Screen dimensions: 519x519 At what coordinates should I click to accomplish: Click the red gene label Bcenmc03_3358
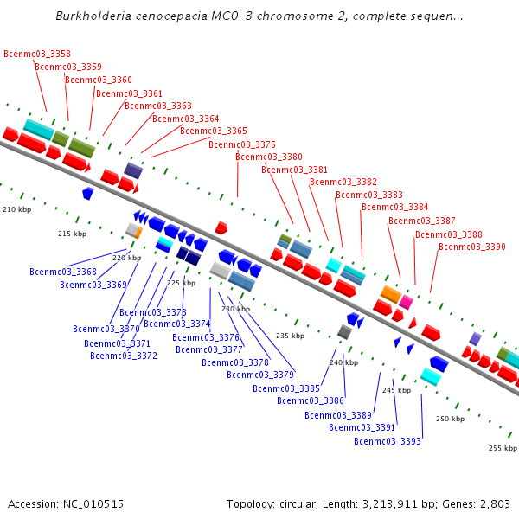37,54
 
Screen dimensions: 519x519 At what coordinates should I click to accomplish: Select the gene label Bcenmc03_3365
214,131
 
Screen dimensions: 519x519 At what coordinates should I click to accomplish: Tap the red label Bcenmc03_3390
472,247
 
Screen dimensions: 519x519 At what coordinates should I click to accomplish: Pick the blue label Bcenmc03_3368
63,272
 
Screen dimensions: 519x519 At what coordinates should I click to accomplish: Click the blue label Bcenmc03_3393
388,441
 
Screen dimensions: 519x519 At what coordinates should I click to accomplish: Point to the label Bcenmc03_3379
260,375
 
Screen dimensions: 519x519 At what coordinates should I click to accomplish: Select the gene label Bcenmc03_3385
286,388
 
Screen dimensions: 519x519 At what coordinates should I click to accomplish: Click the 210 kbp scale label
16,209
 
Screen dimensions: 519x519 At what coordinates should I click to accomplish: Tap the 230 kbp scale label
235,309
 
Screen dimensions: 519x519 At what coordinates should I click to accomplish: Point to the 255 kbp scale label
503,448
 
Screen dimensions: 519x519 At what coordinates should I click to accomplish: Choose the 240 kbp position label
343,362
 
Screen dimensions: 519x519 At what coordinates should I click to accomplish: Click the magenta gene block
406,301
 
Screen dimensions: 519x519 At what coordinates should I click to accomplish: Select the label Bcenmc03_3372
124,356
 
